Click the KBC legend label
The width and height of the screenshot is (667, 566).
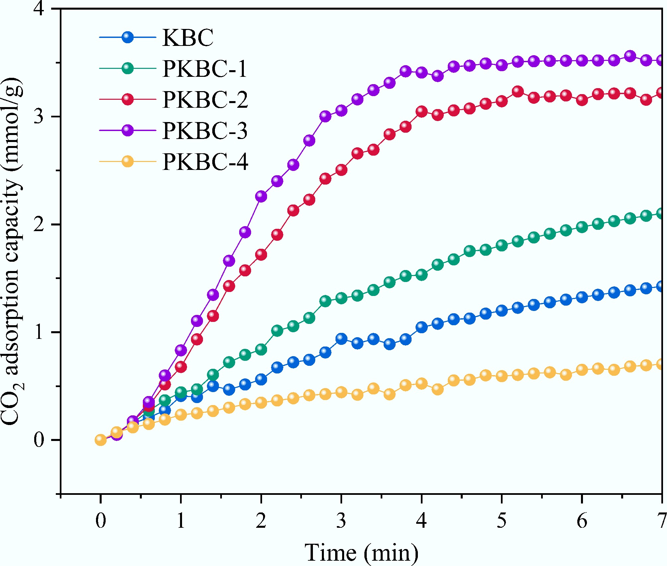[x=188, y=37]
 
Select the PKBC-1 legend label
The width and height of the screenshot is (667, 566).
[x=205, y=69]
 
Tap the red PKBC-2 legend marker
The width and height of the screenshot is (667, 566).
[x=128, y=99]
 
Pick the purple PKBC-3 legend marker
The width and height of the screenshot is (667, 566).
[x=128, y=130]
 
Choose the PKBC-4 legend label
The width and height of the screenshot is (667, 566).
[x=205, y=162]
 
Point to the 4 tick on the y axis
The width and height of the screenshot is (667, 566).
[x=39, y=9]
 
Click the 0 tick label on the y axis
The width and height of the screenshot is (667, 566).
[x=39, y=440]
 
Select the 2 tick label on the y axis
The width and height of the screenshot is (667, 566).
[x=39, y=225]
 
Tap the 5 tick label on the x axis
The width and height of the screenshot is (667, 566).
[x=502, y=520]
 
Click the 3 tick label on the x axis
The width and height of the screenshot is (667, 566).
[x=341, y=520]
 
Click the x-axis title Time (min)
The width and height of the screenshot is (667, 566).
[x=361, y=552]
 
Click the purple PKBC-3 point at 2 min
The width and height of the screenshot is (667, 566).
[x=261, y=196]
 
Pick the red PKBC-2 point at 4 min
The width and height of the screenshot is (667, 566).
[x=422, y=111]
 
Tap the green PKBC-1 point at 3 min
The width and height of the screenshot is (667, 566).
[x=341, y=298]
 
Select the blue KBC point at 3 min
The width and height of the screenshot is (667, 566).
[x=341, y=339]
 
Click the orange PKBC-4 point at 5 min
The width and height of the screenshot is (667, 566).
[x=502, y=376]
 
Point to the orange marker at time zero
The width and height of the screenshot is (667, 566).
[x=100, y=440]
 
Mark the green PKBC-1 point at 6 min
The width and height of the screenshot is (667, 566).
[x=582, y=227]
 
